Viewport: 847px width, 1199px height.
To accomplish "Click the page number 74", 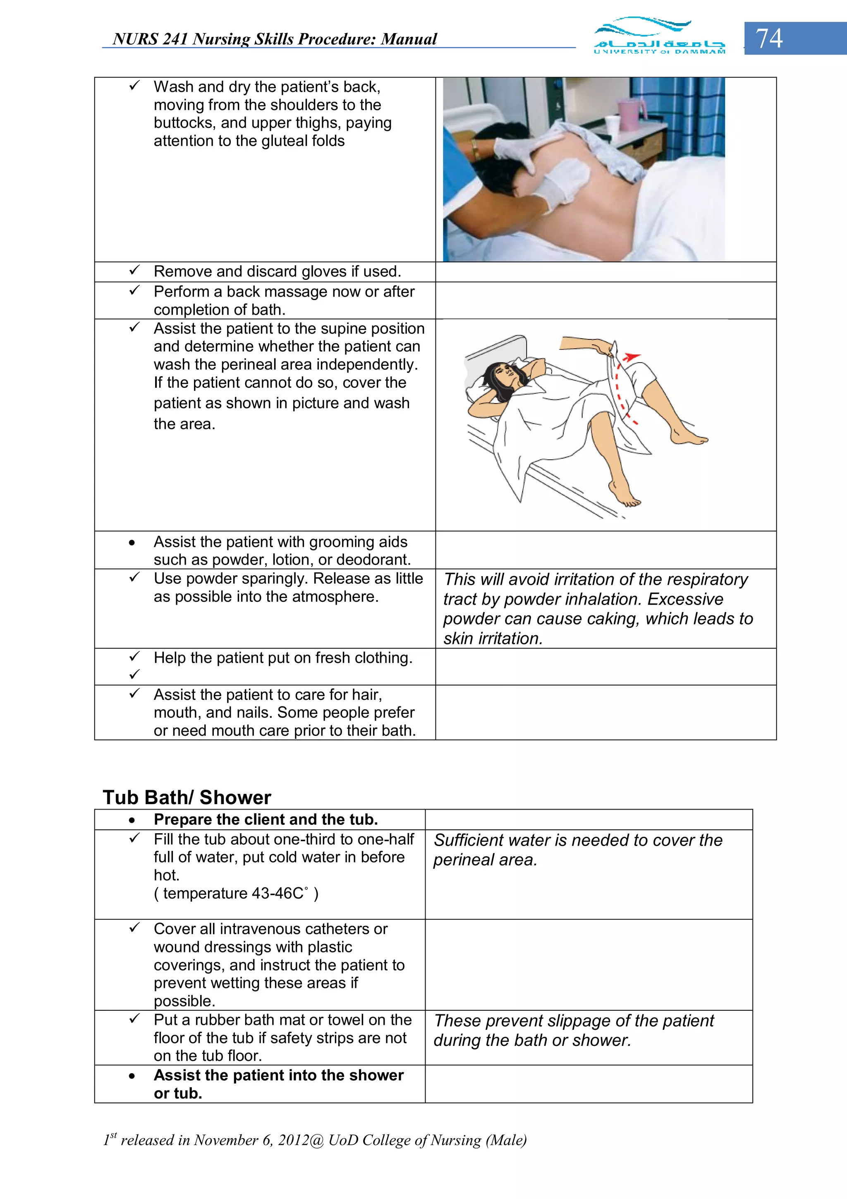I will click(x=769, y=38).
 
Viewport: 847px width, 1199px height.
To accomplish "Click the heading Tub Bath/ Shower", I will click(x=187, y=798).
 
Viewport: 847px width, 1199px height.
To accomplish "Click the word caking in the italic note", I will click(x=614, y=619).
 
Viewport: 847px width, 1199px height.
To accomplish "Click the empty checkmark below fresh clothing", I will click(x=134, y=674).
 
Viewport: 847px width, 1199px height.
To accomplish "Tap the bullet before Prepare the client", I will click(x=132, y=820).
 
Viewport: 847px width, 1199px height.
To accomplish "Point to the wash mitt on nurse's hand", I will click(x=566, y=175).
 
